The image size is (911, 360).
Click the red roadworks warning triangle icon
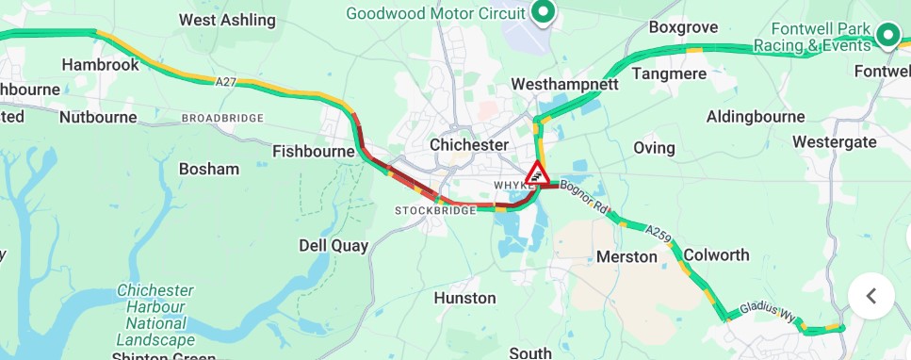(537, 173)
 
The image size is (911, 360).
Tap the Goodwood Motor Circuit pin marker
(543, 12)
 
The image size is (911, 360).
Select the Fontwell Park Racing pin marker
(887, 36)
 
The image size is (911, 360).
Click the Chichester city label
(468, 145)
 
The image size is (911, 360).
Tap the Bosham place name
(209, 170)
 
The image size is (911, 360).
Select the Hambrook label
(100, 65)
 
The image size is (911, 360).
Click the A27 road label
(225, 83)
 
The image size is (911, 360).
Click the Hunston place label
(464, 298)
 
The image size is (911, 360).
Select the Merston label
(627, 256)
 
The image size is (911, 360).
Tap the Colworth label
(716, 255)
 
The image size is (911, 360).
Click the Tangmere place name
(668, 74)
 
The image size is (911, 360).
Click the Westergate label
(834, 142)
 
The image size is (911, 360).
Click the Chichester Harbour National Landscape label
(155, 315)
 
